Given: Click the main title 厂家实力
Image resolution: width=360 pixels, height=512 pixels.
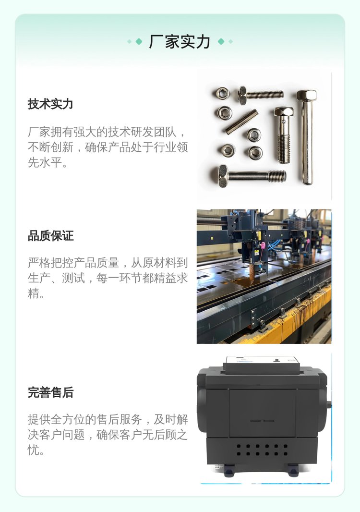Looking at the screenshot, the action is click(179, 42).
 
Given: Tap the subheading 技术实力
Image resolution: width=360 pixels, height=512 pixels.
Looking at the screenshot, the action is click(50, 104).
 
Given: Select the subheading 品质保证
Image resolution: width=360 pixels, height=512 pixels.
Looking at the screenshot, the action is click(50, 236).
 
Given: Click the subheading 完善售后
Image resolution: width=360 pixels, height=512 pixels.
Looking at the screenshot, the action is click(50, 392).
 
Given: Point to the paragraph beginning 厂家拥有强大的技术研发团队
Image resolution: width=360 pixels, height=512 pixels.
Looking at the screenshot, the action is click(108, 147).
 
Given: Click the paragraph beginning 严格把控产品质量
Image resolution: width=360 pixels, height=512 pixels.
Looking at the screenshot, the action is click(108, 278).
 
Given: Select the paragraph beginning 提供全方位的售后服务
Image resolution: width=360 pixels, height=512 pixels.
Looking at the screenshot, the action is click(108, 435).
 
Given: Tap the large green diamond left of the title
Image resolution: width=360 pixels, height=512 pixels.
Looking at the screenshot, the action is click(139, 41).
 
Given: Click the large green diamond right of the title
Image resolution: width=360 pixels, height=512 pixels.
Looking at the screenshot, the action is click(221, 41).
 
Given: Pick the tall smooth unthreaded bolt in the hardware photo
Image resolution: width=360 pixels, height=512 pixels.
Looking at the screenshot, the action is click(307, 137).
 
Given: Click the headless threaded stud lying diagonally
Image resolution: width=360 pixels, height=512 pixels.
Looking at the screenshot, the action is click(241, 122).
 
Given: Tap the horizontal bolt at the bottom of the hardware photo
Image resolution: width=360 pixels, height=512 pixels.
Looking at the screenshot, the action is click(252, 176).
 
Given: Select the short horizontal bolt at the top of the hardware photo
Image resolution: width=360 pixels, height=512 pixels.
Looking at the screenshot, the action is click(261, 95).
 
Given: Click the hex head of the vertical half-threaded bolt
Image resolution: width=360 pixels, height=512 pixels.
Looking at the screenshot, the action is click(284, 112).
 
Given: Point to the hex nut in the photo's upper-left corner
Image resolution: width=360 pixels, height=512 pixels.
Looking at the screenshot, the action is click(222, 94).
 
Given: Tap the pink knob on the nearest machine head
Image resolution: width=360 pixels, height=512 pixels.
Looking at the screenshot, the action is click(262, 245).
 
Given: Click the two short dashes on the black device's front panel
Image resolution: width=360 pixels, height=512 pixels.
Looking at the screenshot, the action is click(263, 421).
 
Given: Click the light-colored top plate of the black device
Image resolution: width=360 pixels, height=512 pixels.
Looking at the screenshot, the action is click(262, 364).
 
